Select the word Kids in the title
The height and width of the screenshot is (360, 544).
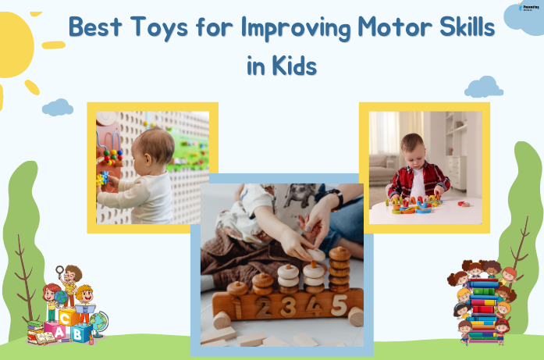[x=292, y=66]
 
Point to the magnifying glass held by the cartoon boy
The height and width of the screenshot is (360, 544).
[x=59, y=271]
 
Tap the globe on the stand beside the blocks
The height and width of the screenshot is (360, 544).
[x=100, y=321]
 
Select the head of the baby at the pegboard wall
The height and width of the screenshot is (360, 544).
[x=155, y=148]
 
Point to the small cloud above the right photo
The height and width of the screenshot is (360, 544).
[x=484, y=86]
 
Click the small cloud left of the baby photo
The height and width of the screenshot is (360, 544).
[x=57, y=107]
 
